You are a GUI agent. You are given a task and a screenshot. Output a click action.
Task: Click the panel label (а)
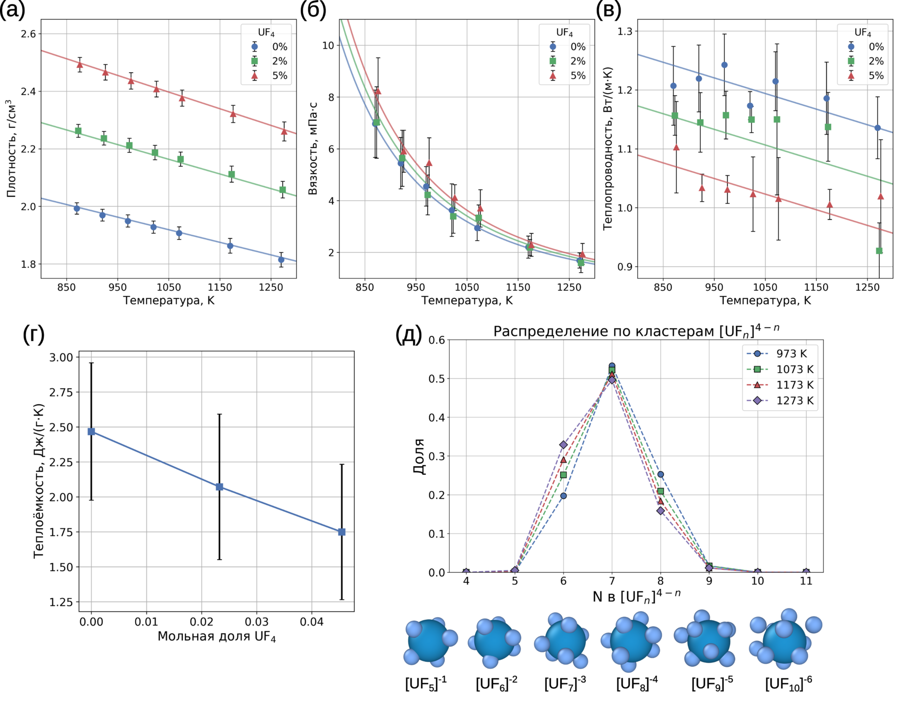(12, 10)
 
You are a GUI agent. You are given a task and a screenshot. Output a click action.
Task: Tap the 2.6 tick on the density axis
(28, 34)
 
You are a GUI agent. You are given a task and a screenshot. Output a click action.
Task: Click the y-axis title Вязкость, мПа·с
(313, 149)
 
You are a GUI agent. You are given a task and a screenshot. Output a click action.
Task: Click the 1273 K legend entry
(780, 400)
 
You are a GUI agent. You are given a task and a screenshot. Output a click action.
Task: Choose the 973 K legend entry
(780, 353)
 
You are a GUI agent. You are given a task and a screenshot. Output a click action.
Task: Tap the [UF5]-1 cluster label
(426, 684)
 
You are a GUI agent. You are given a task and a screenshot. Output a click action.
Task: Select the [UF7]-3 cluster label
(565, 684)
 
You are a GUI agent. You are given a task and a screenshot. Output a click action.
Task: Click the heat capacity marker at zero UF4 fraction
(91, 432)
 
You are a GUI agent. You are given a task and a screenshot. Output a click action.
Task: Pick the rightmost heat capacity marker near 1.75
(342, 532)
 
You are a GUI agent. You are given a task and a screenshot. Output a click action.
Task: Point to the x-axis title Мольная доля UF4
(216, 637)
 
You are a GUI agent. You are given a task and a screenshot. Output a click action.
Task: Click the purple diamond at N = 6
(563, 444)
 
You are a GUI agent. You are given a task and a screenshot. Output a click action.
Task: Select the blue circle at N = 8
(661, 474)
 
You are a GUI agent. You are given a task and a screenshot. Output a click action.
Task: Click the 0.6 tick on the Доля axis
(437, 340)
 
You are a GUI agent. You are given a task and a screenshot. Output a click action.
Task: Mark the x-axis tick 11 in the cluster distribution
(806, 581)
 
